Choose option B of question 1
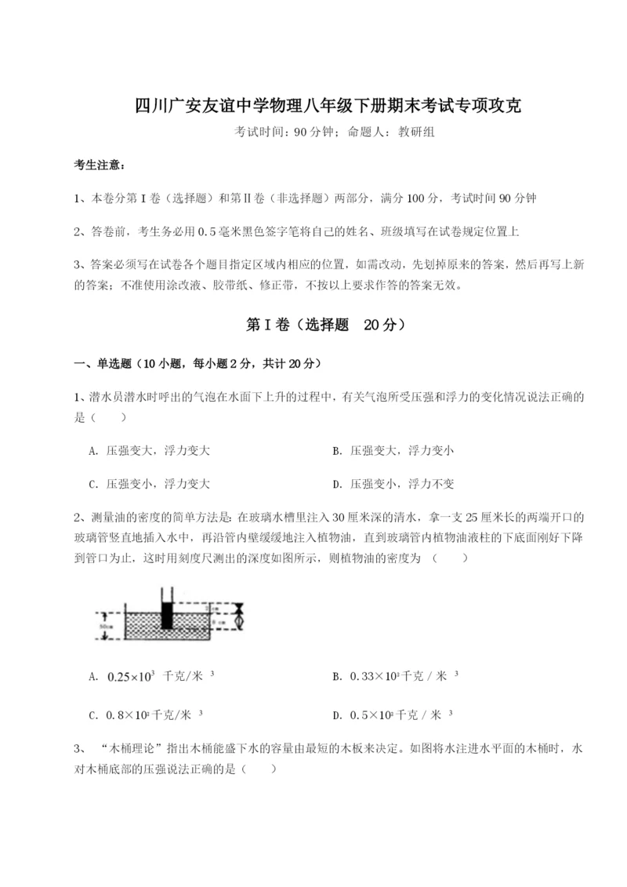(393, 451)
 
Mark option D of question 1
(393, 484)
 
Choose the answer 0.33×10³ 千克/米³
(395, 676)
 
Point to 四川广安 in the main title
(165, 105)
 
